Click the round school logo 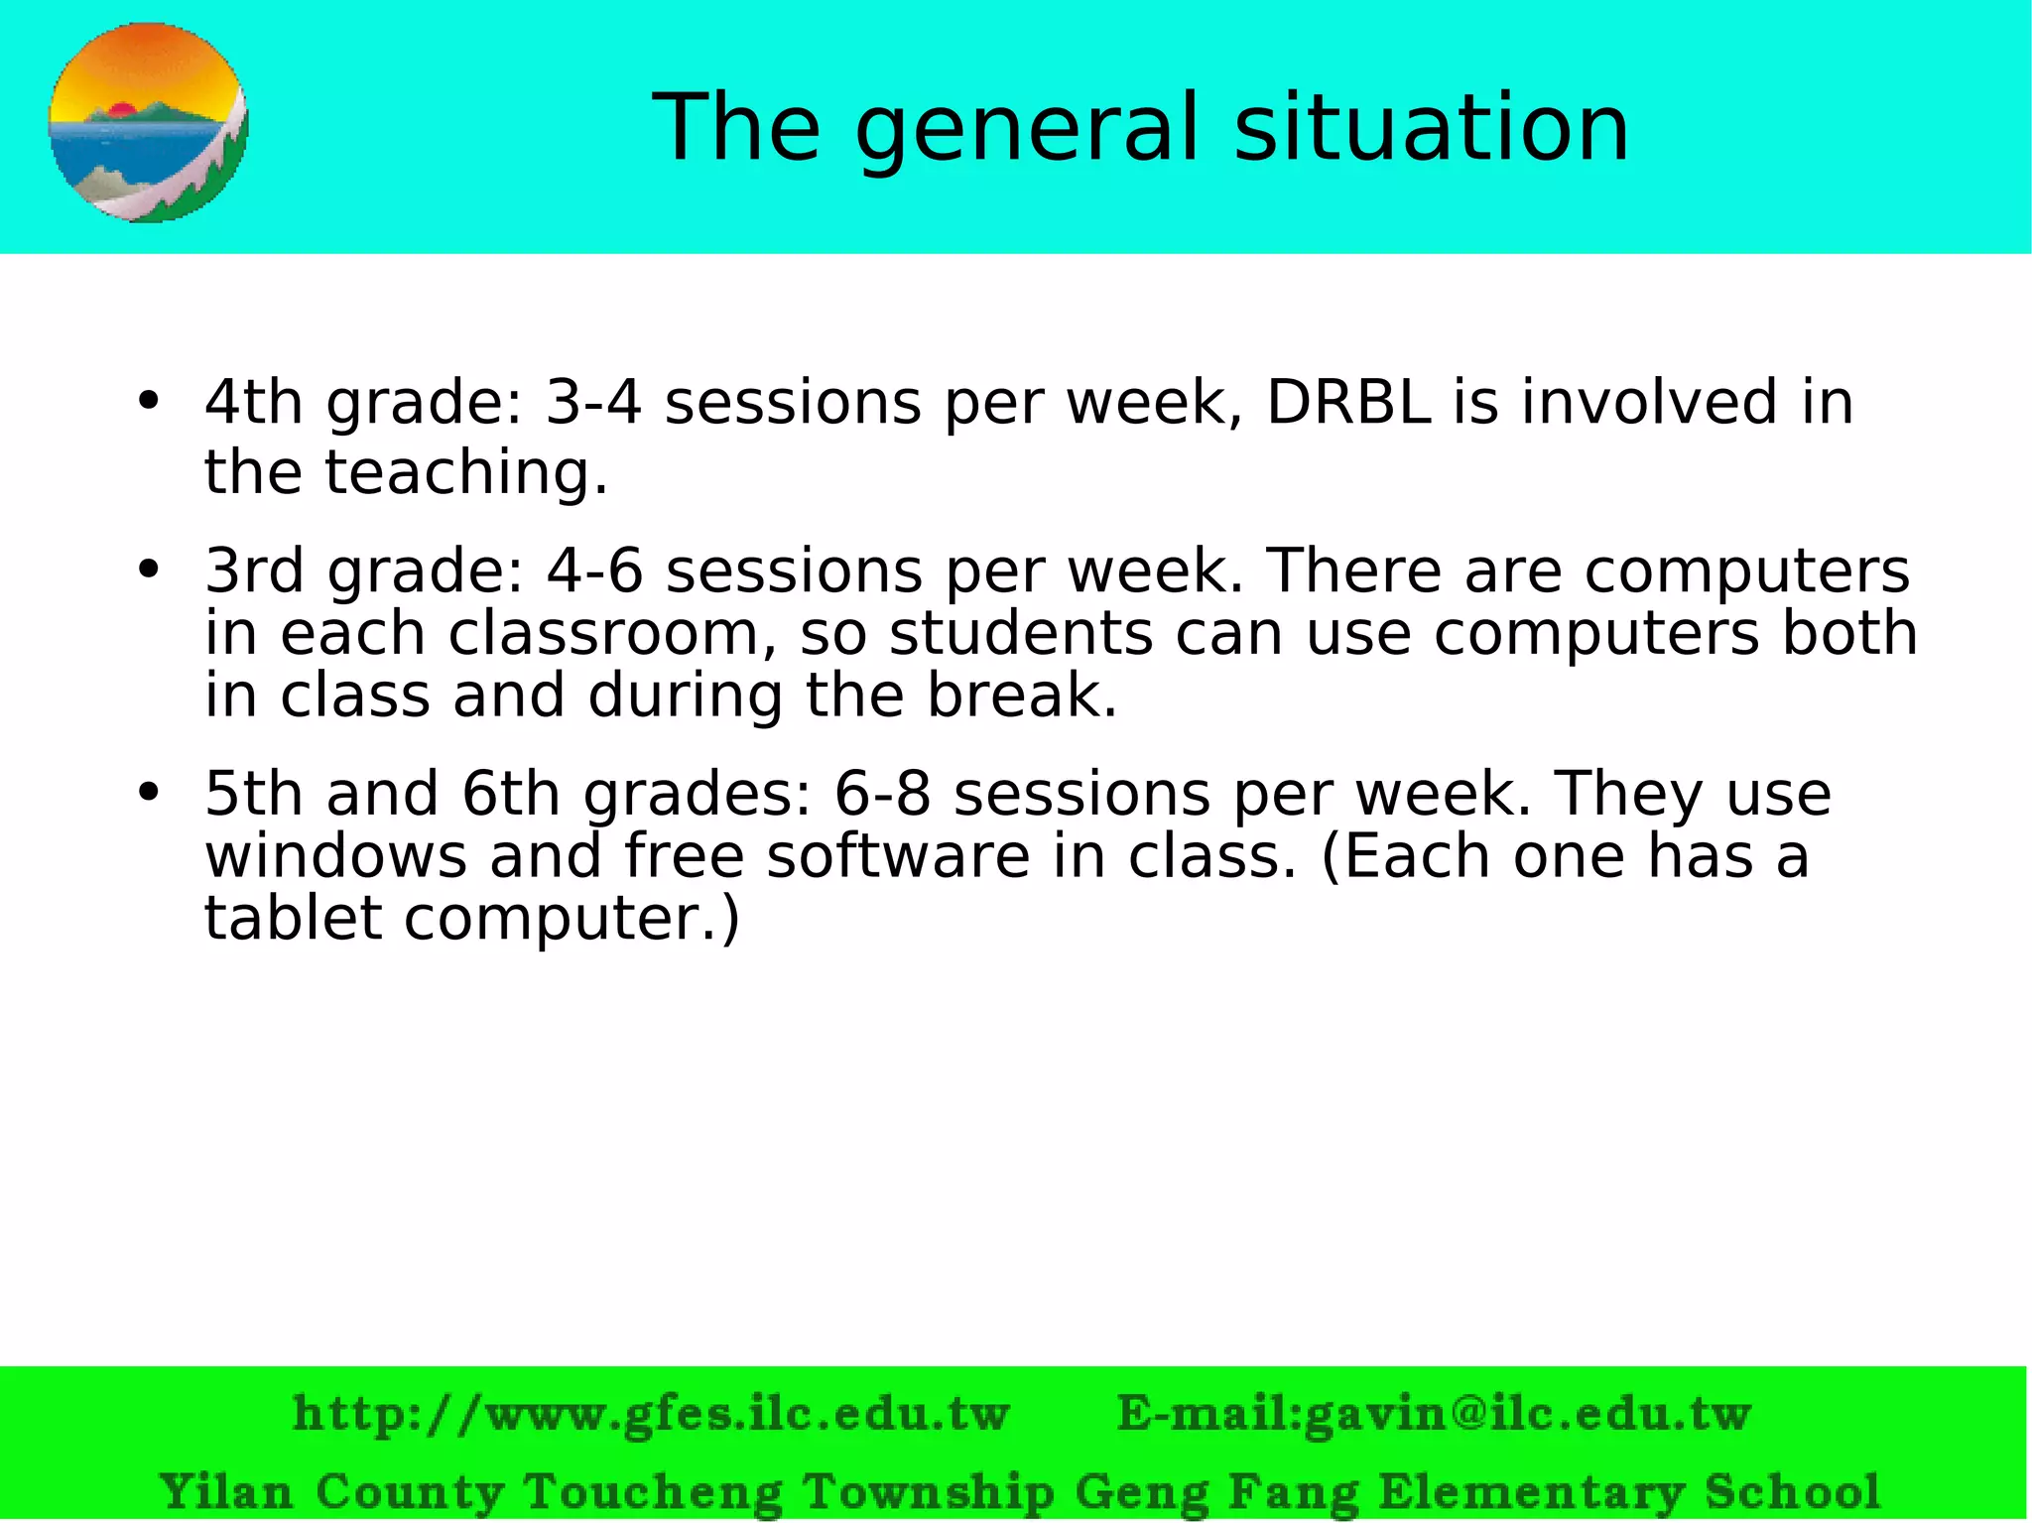[x=148, y=123]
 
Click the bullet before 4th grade [x=149, y=401]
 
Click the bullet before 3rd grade [x=149, y=570]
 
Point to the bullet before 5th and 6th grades [x=149, y=792]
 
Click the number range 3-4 [x=593, y=402]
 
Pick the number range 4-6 [x=594, y=571]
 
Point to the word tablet [x=293, y=917]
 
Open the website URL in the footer [x=651, y=1413]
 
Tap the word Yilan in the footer [x=225, y=1491]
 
